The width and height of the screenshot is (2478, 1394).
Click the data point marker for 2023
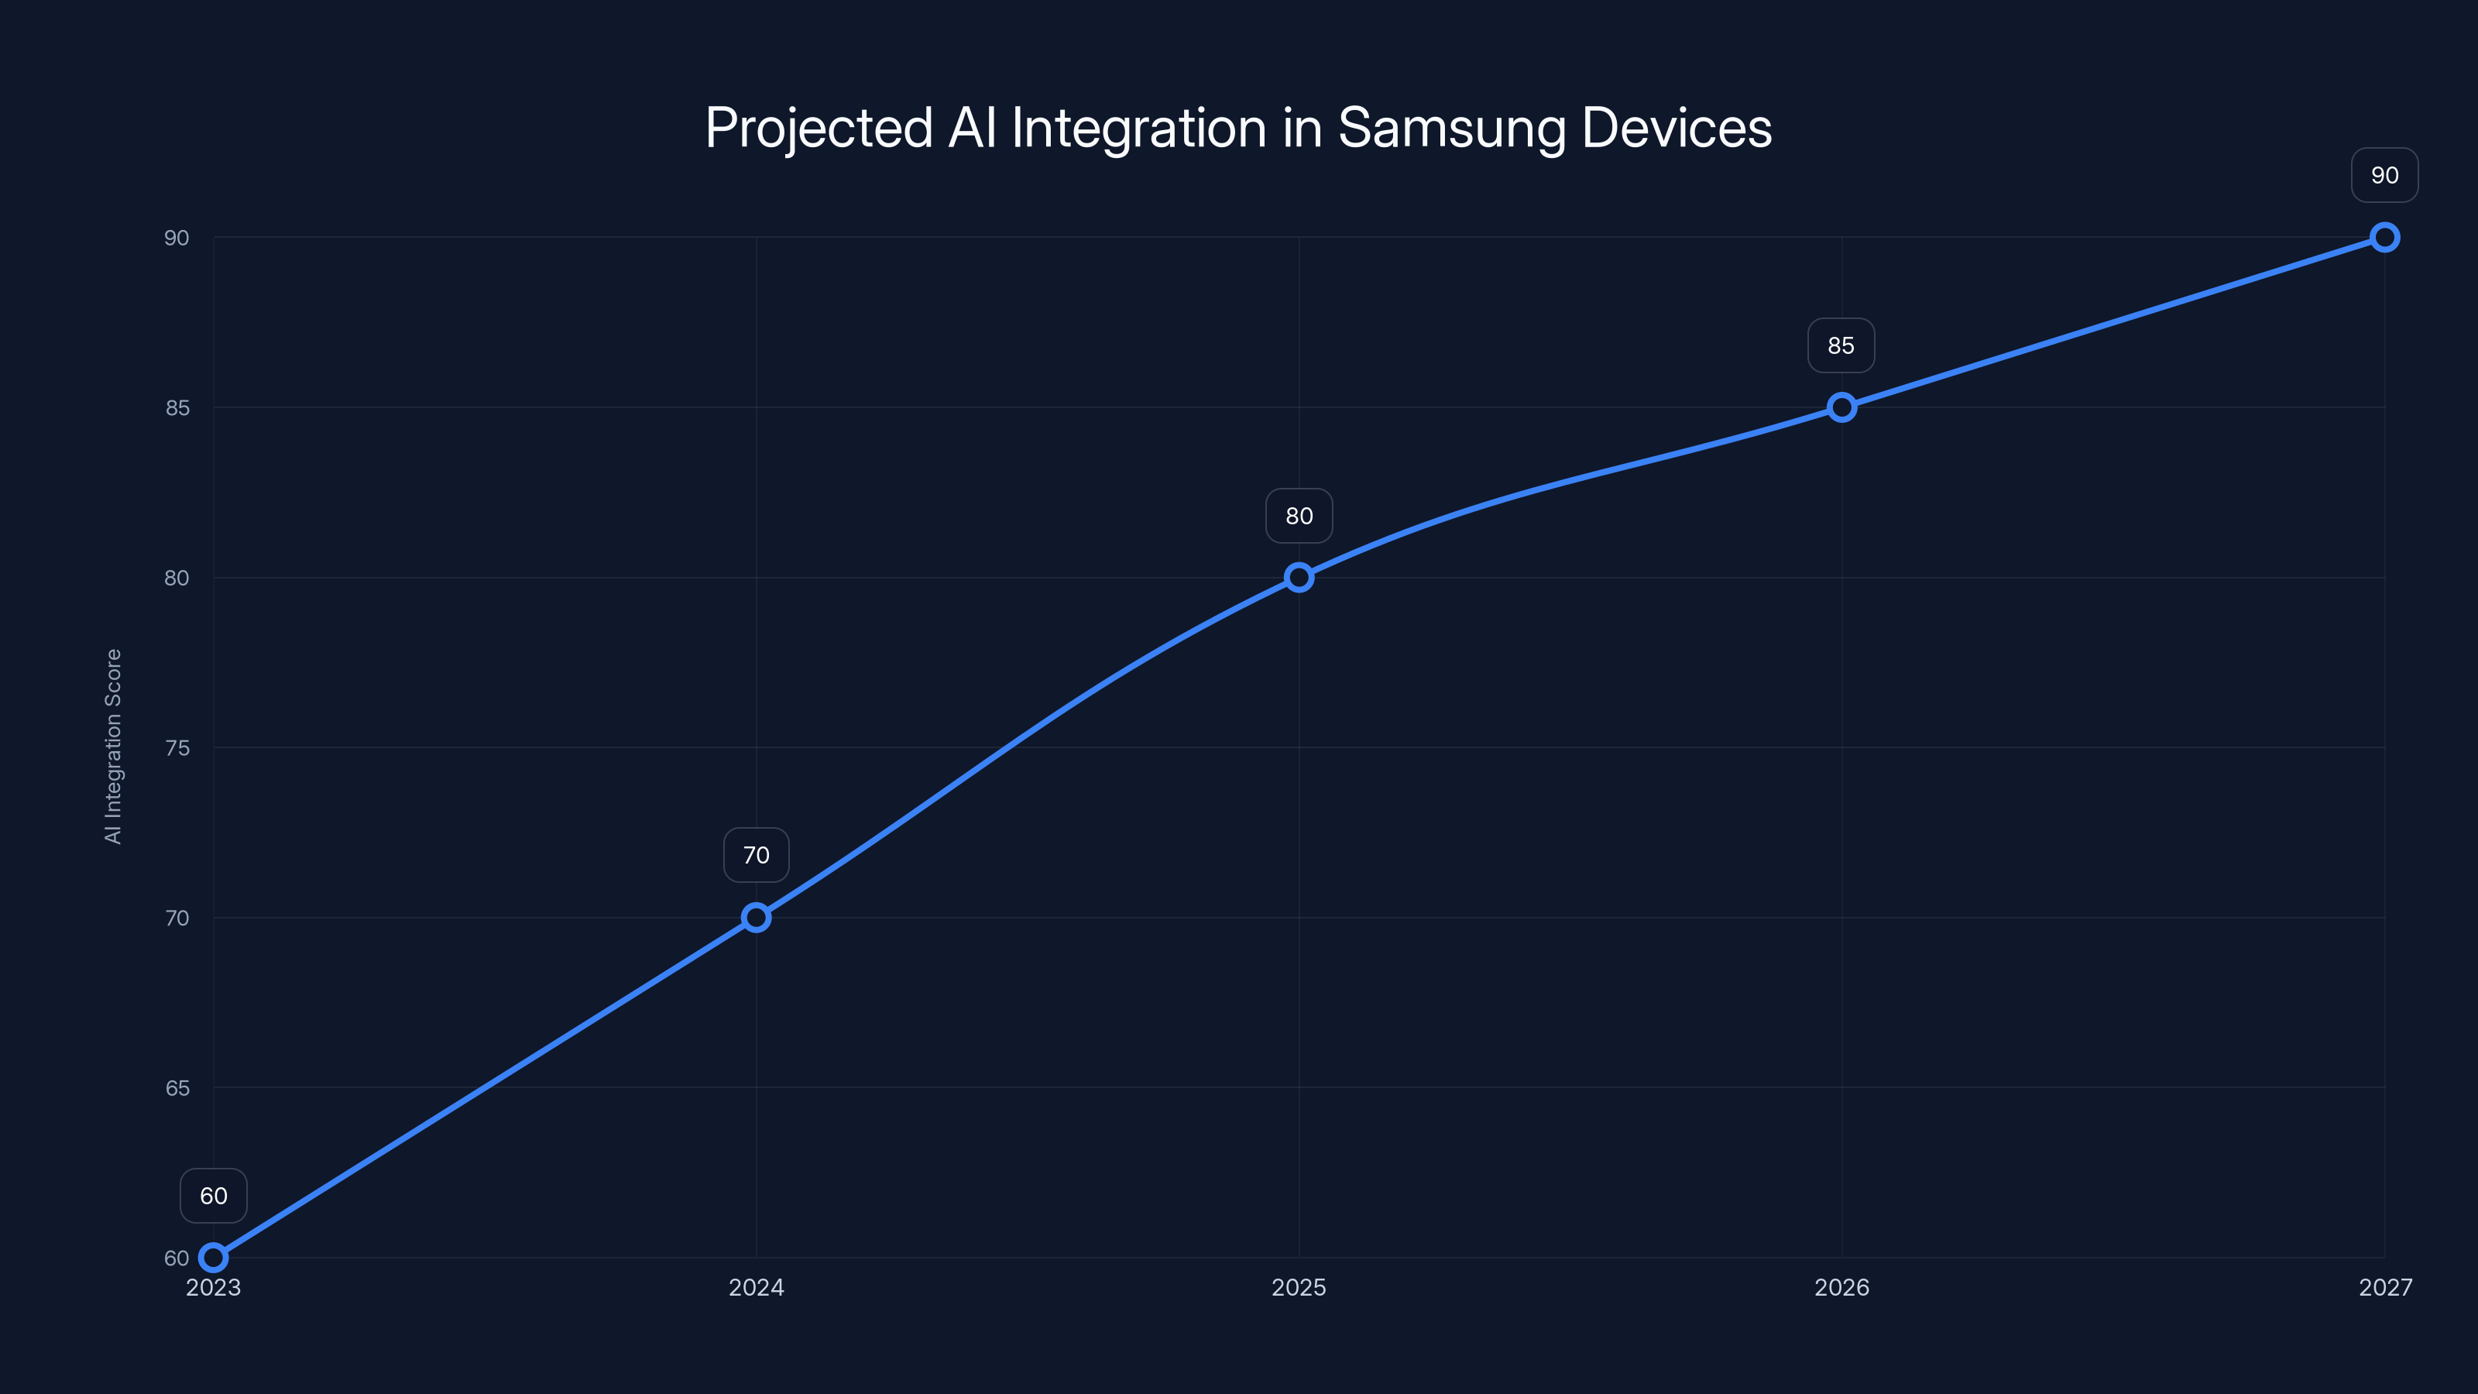coord(214,1258)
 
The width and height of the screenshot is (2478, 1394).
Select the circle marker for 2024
coord(756,918)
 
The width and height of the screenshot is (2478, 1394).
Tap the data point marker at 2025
coord(1299,577)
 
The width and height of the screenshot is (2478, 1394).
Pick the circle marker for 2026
coord(1841,407)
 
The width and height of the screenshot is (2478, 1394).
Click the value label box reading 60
coord(214,1196)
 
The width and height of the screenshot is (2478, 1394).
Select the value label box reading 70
coord(756,855)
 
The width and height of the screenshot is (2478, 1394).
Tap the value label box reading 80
coord(1299,516)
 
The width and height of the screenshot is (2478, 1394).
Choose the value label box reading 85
coord(1841,345)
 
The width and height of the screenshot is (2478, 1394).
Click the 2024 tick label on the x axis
coord(756,1287)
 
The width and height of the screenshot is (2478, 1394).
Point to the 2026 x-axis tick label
coord(1841,1287)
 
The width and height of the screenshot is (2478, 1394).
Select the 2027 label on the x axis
coord(2385,1287)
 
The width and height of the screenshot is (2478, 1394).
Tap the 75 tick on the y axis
coord(177,747)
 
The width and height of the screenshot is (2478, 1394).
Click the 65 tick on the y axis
coord(177,1088)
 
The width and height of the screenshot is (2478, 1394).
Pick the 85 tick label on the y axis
coord(177,408)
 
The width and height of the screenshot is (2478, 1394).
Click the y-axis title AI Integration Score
coord(114,747)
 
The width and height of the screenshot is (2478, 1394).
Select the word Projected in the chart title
coord(819,128)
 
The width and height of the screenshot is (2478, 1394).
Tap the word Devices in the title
coord(1676,128)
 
